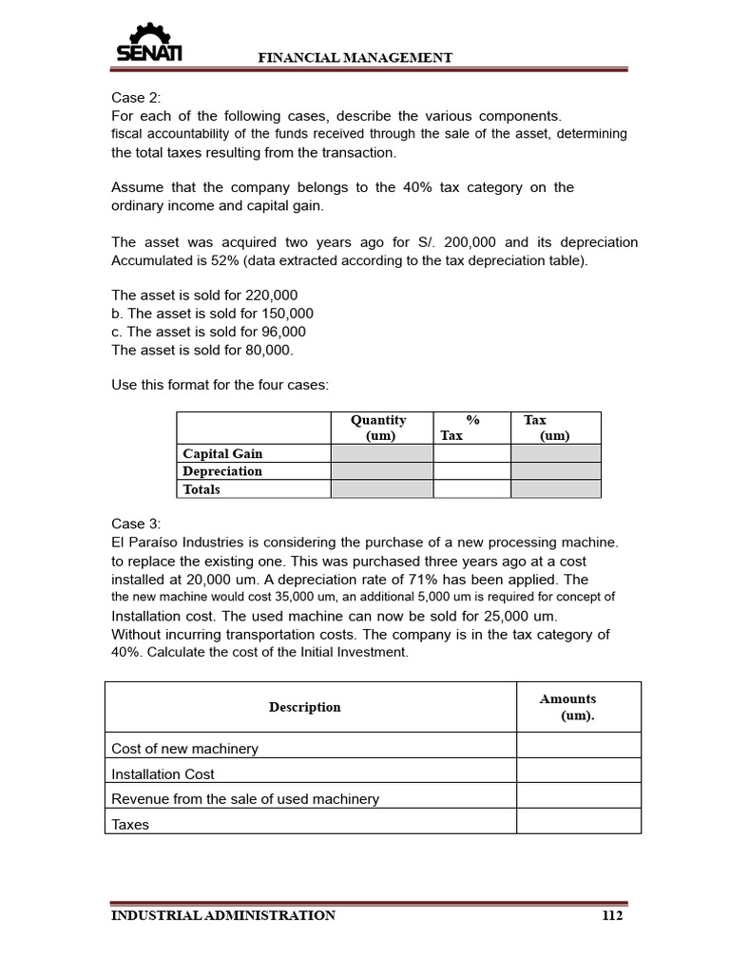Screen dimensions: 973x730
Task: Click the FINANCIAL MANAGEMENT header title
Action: click(355, 58)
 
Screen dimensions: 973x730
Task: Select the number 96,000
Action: click(279, 332)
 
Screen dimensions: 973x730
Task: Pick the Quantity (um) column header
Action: click(378, 428)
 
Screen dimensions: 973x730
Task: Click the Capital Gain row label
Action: click(222, 454)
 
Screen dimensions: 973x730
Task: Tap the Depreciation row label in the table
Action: click(222, 471)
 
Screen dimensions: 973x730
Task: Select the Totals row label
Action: click(202, 489)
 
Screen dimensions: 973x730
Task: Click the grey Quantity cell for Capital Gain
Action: click(381, 454)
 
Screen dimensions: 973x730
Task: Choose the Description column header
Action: click(304, 707)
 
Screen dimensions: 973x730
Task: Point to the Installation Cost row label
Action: click(163, 774)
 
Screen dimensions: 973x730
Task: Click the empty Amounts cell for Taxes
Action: click(578, 824)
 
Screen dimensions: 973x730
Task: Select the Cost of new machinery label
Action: click(184, 749)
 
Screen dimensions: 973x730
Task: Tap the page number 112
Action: click(612, 916)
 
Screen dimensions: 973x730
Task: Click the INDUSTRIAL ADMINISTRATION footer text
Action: click(223, 916)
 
